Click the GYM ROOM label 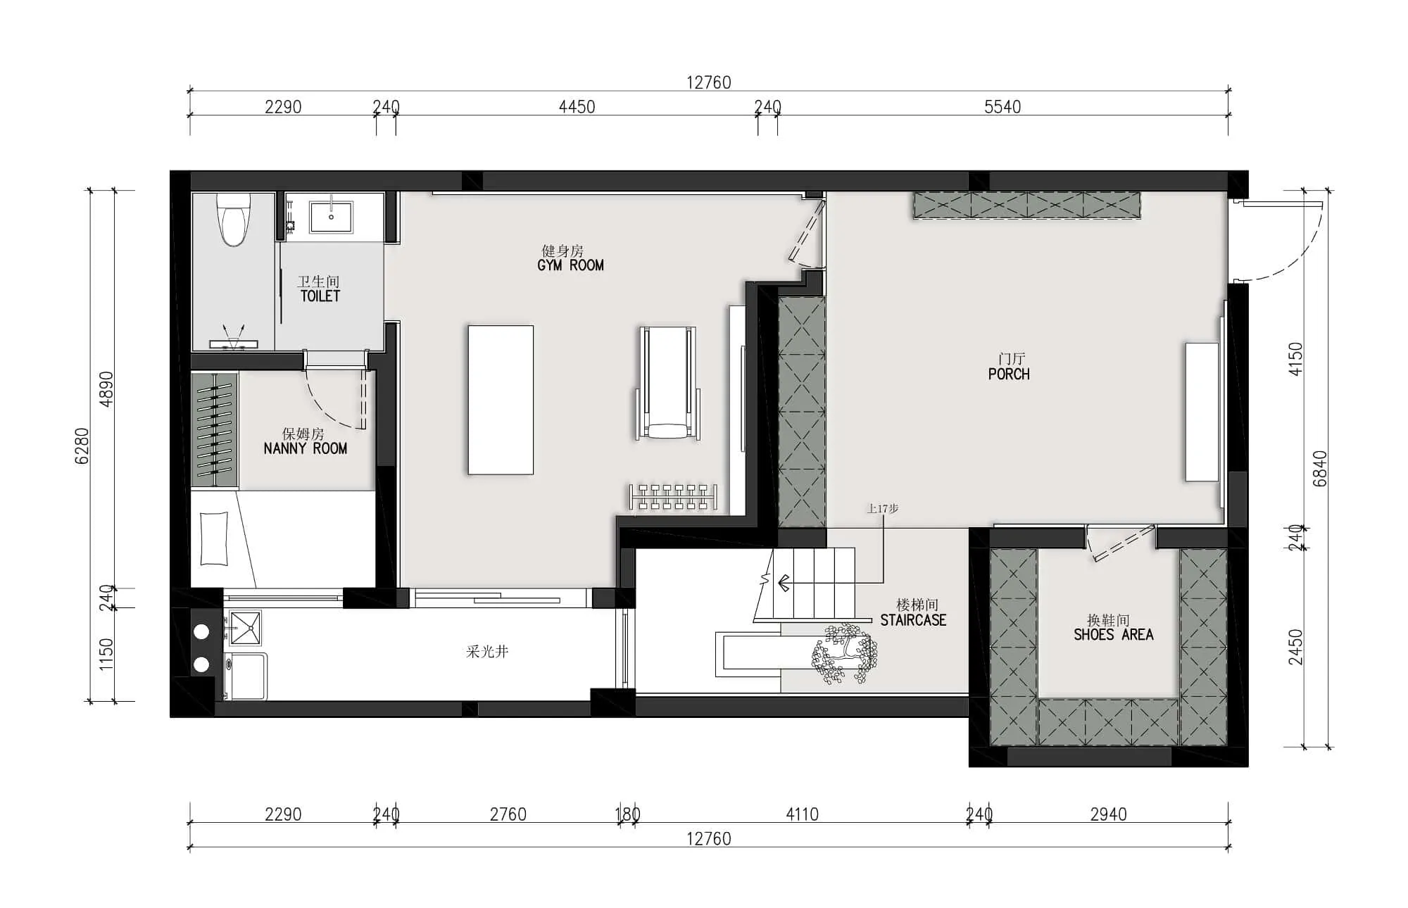coord(570,265)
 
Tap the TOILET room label coord(320,296)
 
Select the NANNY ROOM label coord(306,448)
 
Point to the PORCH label coord(1009,374)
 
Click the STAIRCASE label coord(913,620)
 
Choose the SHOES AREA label coord(1114,635)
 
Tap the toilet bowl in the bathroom coord(233,219)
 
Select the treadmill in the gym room coord(668,384)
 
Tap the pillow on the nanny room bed coord(214,539)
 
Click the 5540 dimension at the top coord(1002,107)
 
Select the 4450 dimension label coord(577,107)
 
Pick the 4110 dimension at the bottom coord(802,814)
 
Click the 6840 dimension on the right coord(1319,469)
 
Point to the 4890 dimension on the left coord(106,389)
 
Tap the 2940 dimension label coord(1108,814)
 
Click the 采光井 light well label coord(487,652)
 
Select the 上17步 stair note coord(883,508)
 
